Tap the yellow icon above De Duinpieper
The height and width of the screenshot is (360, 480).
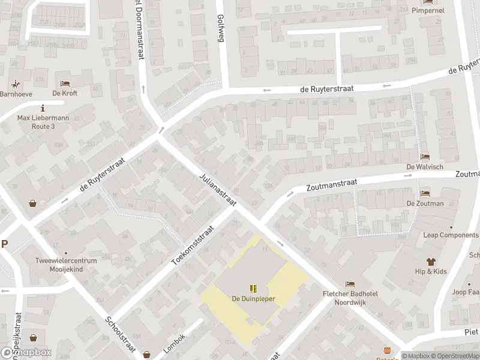pos(253,288)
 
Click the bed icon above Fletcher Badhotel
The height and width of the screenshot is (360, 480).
pos(350,283)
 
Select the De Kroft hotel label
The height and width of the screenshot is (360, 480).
pos(65,94)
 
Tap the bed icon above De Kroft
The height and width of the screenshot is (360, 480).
pos(65,83)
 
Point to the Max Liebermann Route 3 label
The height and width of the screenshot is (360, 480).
pos(43,122)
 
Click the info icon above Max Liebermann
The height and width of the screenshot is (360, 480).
pos(43,108)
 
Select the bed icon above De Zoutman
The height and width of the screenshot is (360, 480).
pos(425,194)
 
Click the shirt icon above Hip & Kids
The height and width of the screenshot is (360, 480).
pos(431,261)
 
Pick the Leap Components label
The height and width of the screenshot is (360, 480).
pos(451,235)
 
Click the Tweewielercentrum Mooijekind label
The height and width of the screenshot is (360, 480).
pos(66,266)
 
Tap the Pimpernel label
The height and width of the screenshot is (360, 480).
pos(428,10)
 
